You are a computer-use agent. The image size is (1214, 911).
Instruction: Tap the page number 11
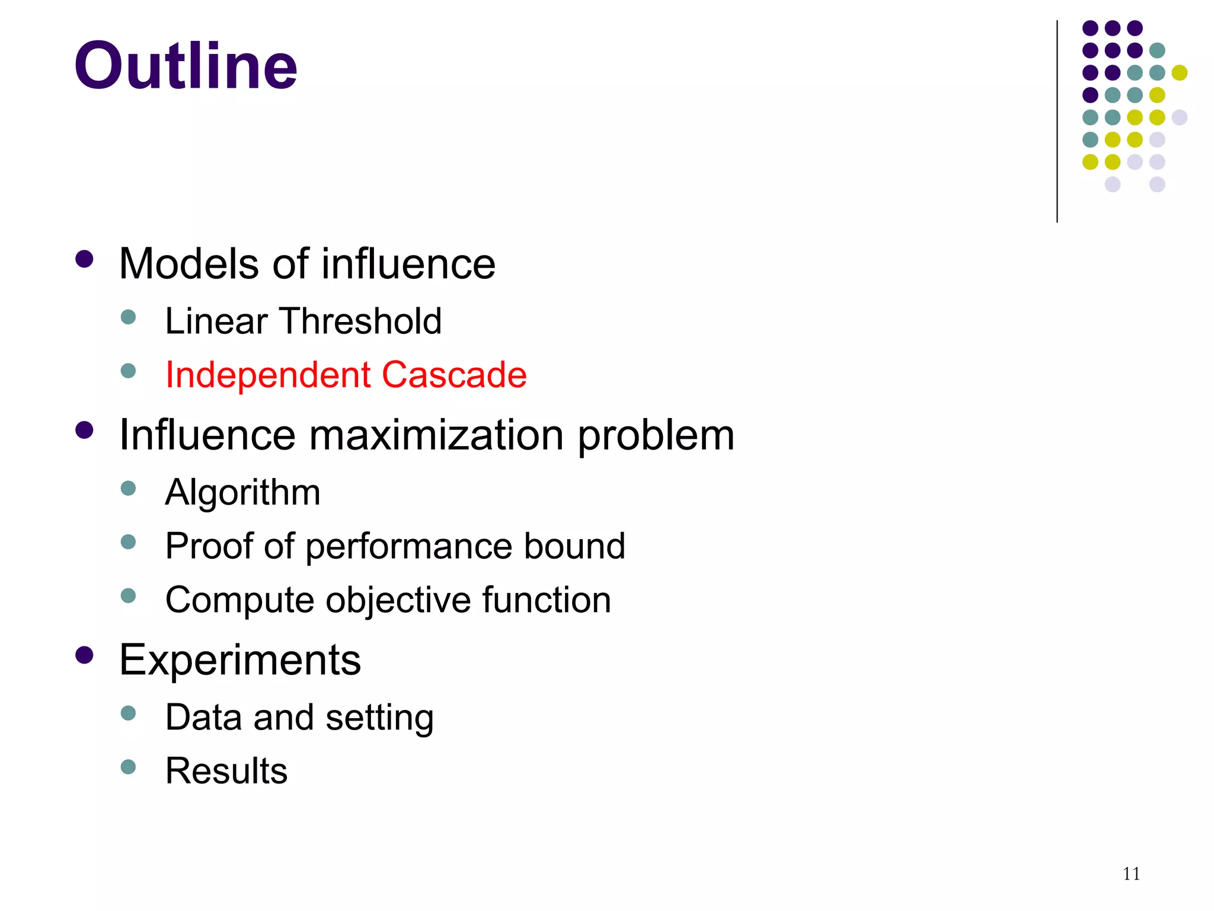[1131, 874]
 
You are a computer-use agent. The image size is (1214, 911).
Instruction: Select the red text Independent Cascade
[346, 375]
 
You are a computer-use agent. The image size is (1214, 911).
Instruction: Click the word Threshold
[361, 321]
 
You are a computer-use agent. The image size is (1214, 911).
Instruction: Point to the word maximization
[436, 435]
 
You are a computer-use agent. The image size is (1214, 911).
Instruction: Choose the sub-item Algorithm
[242, 492]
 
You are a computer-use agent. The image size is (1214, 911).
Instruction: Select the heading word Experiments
[240, 660]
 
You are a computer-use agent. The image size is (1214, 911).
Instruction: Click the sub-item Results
[226, 770]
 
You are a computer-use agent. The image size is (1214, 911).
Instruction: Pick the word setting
[379, 718]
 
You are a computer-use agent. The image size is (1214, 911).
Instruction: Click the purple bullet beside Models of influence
[85, 259]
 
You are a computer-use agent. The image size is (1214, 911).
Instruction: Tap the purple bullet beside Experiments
[85, 655]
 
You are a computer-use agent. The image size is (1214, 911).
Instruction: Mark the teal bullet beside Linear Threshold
[128, 317]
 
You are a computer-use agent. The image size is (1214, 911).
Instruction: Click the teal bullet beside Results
[128, 766]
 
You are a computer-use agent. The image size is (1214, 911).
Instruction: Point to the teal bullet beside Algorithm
[128, 488]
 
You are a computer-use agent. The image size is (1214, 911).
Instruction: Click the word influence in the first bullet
[408, 263]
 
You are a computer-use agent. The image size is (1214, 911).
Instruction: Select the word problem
[656, 436]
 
